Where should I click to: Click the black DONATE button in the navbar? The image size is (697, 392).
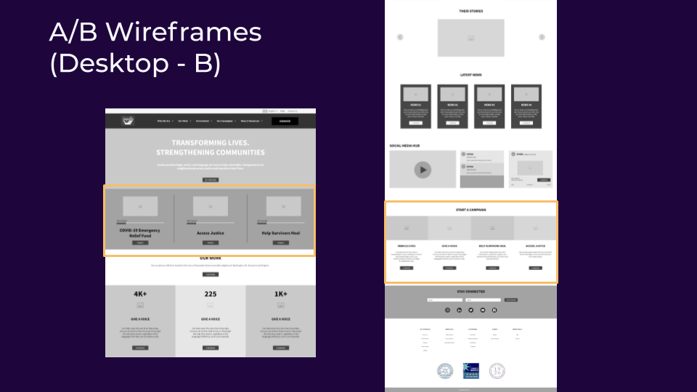[285, 121]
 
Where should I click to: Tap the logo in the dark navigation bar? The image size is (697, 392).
[128, 121]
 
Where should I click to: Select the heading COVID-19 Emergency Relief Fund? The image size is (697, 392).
[140, 232]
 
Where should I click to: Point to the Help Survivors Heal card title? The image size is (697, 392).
[280, 233]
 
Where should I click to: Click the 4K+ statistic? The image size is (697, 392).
[140, 294]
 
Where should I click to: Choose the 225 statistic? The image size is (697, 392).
[211, 294]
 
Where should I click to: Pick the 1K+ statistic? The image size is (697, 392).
[281, 294]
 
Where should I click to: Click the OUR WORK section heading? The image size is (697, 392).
[211, 258]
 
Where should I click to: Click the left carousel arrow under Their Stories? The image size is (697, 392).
[400, 37]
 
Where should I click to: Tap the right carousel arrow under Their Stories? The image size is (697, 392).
[542, 37]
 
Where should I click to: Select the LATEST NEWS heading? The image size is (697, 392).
[470, 75]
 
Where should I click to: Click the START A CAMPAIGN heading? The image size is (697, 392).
[470, 210]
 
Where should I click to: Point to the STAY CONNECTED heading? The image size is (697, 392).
[470, 292]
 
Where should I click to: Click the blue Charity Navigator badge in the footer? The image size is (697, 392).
[471, 371]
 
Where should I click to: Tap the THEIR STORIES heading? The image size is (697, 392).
[470, 12]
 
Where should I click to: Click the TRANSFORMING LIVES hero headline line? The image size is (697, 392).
[211, 143]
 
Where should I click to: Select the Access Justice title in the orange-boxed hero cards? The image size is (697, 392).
[211, 233]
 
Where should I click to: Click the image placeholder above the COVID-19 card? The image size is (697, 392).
[140, 206]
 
